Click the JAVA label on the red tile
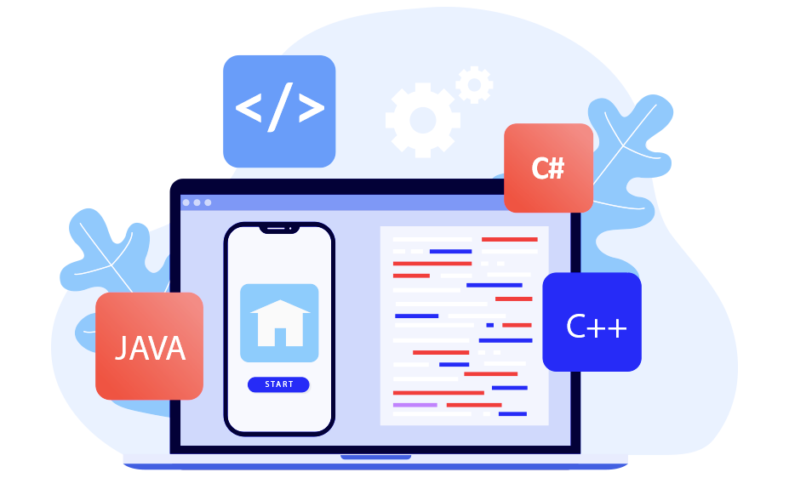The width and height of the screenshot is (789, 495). coord(150,348)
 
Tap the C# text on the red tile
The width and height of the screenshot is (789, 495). coord(548,168)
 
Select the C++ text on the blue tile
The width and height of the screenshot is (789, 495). coord(596,327)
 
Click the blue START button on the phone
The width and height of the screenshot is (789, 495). coord(278,384)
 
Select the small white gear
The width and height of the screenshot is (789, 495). coord(474,85)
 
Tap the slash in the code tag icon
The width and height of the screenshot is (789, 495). coord(279,109)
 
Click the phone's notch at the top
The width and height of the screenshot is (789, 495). coord(279,228)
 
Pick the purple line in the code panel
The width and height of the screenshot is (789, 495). coord(415,405)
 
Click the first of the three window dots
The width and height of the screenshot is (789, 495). coord(186,202)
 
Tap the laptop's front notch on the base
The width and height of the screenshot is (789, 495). coord(375,458)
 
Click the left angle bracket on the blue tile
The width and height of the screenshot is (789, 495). coord(249,109)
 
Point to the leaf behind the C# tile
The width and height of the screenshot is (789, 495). coord(626,153)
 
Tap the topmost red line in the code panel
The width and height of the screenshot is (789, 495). coord(510,239)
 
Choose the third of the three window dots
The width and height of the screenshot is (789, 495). coord(207,202)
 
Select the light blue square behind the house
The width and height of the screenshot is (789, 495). coord(249,293)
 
